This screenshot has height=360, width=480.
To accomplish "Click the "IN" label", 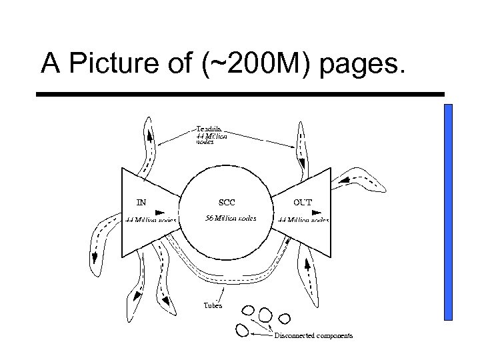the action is click(x=141, y=202).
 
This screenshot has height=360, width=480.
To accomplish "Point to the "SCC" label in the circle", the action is click(x=227, y=202).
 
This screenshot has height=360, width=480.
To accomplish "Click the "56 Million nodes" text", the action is click(x=230, y=219).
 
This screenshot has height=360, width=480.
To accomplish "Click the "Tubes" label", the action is click(x=213, y=306).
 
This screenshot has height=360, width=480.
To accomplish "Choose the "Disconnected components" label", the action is click(x=313, y=335).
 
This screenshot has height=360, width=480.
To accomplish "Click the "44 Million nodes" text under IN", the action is click(x=151, y=219).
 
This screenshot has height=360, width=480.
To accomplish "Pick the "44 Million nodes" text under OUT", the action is click(x=303, y=219).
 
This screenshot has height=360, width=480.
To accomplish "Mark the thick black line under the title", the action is click(x=240, y=95).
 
